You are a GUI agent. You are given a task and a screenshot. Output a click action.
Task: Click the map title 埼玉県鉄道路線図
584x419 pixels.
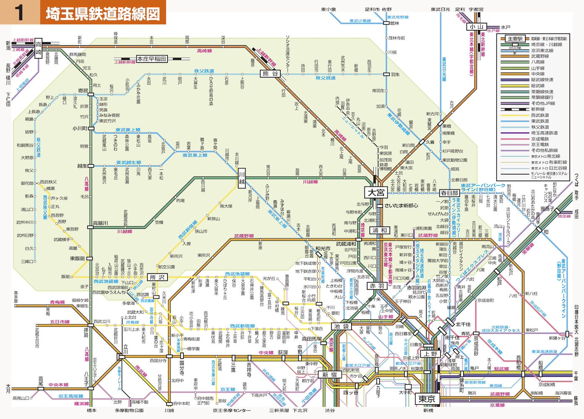point(103,13)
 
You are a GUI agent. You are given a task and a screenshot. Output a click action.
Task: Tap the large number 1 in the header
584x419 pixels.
point(19,13)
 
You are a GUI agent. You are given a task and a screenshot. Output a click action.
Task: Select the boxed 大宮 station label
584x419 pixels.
point(376,193)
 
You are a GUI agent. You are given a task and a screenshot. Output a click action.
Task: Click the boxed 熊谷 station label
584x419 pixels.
point(270,74)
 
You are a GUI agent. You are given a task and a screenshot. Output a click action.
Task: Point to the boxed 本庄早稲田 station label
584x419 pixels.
point(151,59)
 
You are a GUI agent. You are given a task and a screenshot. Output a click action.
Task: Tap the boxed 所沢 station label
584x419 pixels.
point(158,277)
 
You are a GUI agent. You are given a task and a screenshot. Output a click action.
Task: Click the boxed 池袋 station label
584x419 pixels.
point(342,326)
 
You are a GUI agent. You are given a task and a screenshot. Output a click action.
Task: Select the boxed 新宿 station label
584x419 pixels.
point(330,375)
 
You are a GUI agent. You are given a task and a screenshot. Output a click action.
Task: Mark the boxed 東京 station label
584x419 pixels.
point(427,399)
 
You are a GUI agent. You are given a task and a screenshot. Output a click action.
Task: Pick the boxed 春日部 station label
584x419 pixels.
point(449,193)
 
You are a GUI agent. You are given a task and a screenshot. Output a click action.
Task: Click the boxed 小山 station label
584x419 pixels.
point(476,27)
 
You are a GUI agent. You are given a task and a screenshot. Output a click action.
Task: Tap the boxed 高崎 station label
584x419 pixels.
point(39,49)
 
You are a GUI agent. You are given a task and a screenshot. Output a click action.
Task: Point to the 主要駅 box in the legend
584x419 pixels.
point(515,39)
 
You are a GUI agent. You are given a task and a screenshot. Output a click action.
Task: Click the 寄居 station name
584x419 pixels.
point(83,91)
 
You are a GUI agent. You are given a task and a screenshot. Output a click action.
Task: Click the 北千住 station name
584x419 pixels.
point(463,324)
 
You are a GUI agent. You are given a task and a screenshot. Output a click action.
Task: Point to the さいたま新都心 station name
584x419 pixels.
point(401,206)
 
